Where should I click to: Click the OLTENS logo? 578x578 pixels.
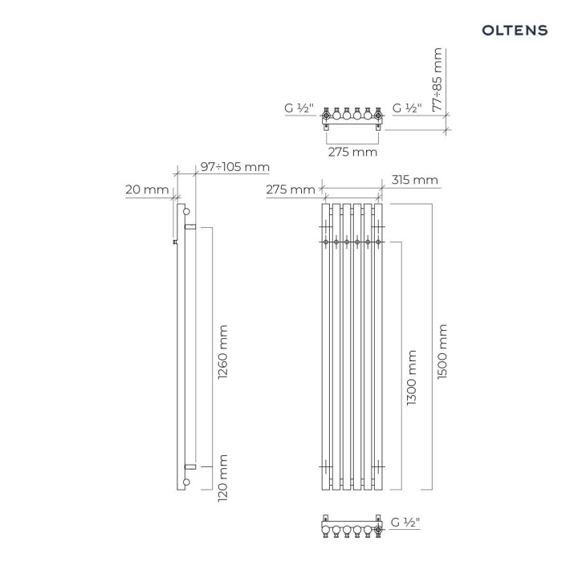515,30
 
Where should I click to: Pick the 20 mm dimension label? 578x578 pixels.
147,190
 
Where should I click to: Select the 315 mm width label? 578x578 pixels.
415,181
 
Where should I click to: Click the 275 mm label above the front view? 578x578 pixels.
291,190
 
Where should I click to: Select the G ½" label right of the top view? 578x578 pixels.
405,108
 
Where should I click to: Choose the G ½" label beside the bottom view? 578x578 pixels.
405,523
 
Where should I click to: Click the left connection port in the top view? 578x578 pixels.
326,116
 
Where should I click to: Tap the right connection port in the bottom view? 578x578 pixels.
378,530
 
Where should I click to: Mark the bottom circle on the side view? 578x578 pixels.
186,482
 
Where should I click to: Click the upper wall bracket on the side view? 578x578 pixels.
190,228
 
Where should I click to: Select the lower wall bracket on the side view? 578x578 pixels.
190,466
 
